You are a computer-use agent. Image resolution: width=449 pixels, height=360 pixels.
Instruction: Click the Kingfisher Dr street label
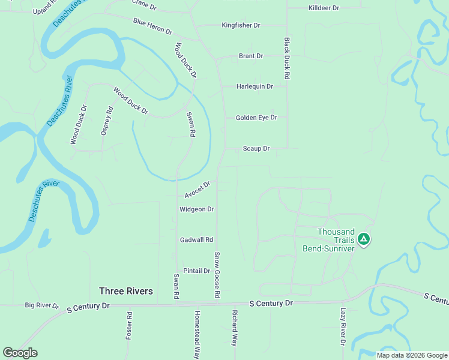(x=241, y=25)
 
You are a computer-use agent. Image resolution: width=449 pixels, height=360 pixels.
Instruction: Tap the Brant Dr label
(x=251, y=56)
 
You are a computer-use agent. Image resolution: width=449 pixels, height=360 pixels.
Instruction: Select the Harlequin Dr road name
(x=255, y=86)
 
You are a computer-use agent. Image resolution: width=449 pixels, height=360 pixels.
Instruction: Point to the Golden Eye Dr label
(x=256, y=118)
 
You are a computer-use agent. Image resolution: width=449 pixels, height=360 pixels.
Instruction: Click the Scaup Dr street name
(x=256, y=148)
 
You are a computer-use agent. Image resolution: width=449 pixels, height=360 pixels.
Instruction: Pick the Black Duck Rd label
(x=287, y=59)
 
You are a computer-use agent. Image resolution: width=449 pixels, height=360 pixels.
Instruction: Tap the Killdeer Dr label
(x=324, y=8)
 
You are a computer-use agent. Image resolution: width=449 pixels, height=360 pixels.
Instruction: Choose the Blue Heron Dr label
(x=152, y=26)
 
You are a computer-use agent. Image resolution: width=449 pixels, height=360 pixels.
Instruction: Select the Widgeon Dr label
(x=196, y=209)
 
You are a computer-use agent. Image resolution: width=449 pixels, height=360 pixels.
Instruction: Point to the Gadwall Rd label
(x=196, y=240)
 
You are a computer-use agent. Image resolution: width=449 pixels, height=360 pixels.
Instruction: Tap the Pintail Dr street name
(x=196, y=271)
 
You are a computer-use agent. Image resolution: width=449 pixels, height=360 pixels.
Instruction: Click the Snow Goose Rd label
(x=217, y=275)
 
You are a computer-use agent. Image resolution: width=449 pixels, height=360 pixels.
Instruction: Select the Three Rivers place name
(x=126, y=291)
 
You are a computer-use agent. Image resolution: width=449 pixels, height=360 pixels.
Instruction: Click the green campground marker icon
(x=363, y=240)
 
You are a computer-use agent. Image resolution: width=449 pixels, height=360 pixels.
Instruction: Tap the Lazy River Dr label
(x=343, y=327)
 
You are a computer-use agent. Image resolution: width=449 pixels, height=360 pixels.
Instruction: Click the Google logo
(x=20, y=353)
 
